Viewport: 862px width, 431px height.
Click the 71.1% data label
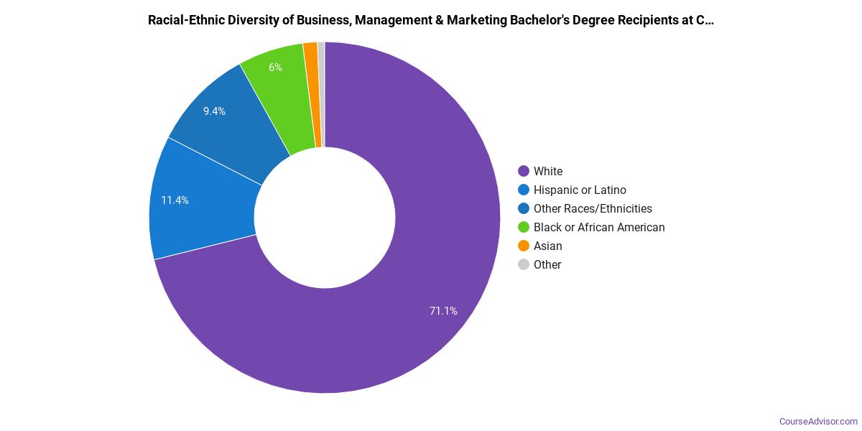click(x=443, y=311)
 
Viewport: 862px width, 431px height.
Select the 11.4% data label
click(x=175, y=200)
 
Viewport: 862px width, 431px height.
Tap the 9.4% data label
click(x=214, y=111)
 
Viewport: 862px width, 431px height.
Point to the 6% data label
click(x=275, y=68)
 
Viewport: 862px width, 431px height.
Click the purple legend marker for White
click(x=524, y=171)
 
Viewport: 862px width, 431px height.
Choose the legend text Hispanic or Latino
click(x=580, y=190)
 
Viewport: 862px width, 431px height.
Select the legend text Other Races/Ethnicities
click(x=593, y=208)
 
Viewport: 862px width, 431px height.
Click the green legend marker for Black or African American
click(x=524, y=227)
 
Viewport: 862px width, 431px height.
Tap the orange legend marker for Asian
click(x=524, y=246)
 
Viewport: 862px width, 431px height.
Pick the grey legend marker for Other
click(x=524, y=264)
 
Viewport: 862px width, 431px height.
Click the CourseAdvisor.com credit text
click(x=819, y=421)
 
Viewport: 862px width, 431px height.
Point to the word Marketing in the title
click(x=475, y=20)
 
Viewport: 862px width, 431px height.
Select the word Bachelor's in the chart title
click(x=538, y=20)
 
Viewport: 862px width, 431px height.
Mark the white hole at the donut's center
click(x=325, y=218)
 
